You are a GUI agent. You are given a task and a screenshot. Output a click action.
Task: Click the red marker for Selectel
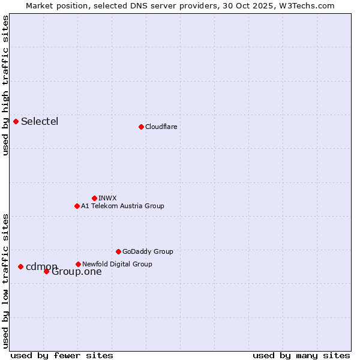(16, 122)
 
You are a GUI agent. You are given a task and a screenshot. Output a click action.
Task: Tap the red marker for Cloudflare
(141, 127)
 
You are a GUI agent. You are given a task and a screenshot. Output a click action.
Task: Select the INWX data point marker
(94, 198)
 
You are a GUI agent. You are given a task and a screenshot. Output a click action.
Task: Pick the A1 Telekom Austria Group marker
(77, 206)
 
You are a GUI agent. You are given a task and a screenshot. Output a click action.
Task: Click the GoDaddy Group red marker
(118, 251)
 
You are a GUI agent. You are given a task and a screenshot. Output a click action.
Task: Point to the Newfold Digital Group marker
(78, 264)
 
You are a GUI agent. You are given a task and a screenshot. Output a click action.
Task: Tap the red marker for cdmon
(20, 266)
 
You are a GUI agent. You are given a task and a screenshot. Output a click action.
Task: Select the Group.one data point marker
(46, 272)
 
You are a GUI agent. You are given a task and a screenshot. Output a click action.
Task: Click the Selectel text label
(40, 122)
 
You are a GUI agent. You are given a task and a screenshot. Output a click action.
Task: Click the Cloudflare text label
(161, 127)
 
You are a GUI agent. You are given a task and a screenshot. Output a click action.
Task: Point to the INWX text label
(107, 198)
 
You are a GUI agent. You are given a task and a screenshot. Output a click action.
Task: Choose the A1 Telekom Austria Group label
(122, 206)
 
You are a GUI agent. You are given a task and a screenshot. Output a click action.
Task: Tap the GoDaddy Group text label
(148, 251)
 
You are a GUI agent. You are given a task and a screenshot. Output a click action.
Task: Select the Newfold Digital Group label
(117, 264)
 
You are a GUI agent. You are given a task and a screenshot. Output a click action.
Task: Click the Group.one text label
(77, 272)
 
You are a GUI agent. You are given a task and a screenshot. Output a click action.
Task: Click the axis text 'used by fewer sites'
(62, 355)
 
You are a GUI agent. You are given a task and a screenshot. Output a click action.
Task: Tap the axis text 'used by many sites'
(301, 355)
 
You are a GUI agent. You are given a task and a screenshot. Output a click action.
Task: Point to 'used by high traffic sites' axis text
(5, 85)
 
